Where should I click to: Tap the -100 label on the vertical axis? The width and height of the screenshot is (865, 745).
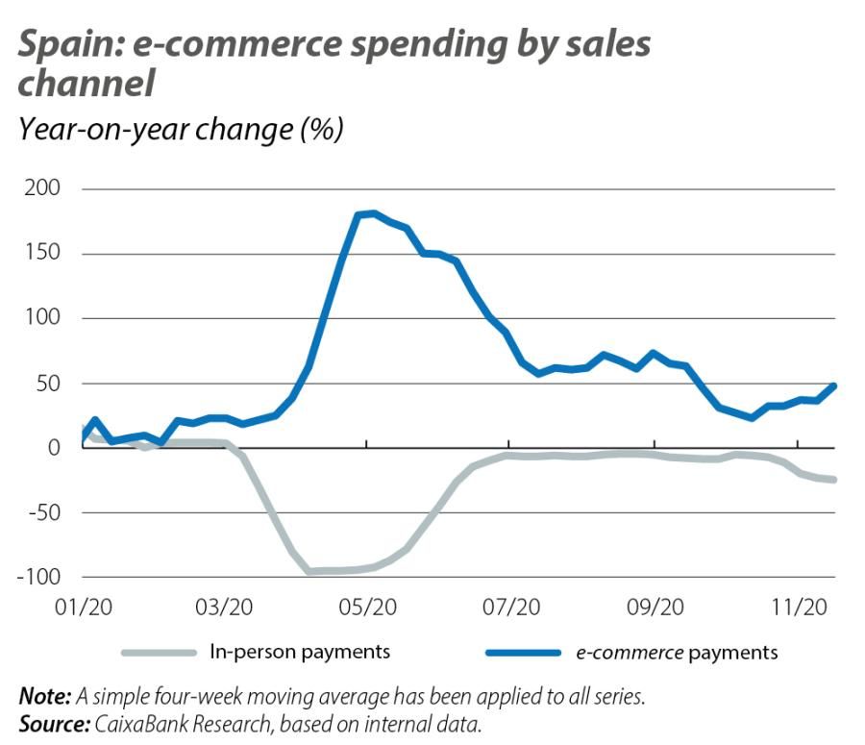pos(37,577)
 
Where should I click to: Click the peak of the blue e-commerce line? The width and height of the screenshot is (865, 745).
pos(373,213)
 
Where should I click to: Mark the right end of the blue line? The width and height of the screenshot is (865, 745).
pos(833,385)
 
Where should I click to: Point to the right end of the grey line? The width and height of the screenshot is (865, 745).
pos(833,479)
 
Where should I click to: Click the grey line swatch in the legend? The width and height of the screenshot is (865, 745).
pos(159,653)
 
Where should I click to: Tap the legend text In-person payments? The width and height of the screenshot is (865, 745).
pos(300,652)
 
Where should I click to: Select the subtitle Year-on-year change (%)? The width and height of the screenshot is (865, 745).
pos(181,129)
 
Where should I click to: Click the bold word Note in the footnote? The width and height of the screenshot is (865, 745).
pos(42,695)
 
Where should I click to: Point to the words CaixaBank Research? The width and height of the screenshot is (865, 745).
pos(174,720)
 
